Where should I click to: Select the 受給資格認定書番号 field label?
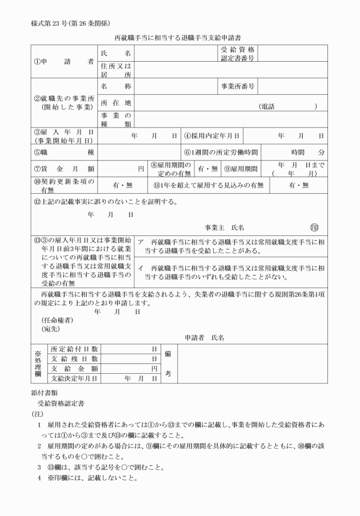(x=237, y=54)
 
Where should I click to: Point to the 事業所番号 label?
(x=237, y=87)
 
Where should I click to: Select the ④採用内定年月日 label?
(x=212, y=136)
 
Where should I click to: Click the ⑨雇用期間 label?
(x=242, y=169)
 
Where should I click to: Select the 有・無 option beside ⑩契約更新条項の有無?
(x=122, y=185)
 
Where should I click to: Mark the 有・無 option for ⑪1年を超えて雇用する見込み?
(x=298, y=185)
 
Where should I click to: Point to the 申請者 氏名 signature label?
(x=204, y=338)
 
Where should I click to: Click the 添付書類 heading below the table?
(x=43, y=393)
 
